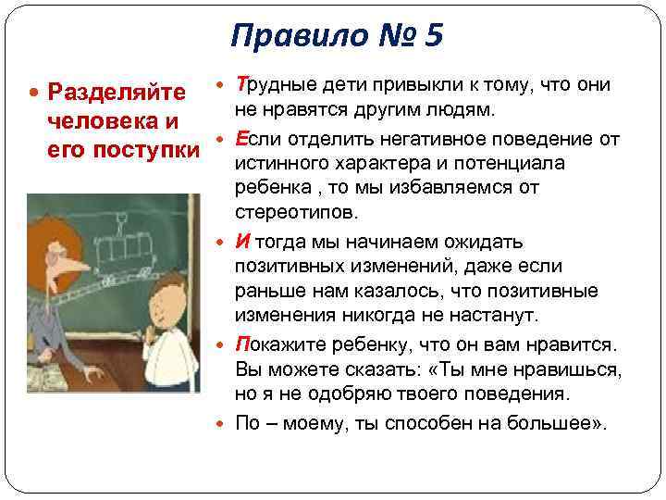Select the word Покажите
[x=282, y=344]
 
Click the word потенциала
[x=510, y=164]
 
